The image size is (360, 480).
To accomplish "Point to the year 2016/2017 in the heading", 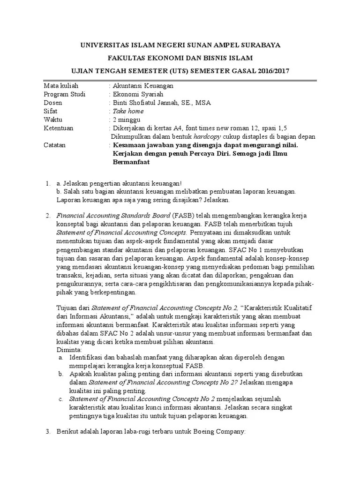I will pyautogui.click(x=272, y=71).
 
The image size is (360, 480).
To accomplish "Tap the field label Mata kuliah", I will pyautogui.click(x=61, y=86).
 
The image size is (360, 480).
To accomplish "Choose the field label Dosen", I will pyautogui.click(x=53, y=103).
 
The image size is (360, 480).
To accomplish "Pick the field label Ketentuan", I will pyautogui.click(x=59, y=128).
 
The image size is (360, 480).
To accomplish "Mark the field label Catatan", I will pyautogui.click(x=55, y=145).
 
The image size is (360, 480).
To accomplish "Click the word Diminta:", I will pyautogui.click(x=68, y=349).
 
